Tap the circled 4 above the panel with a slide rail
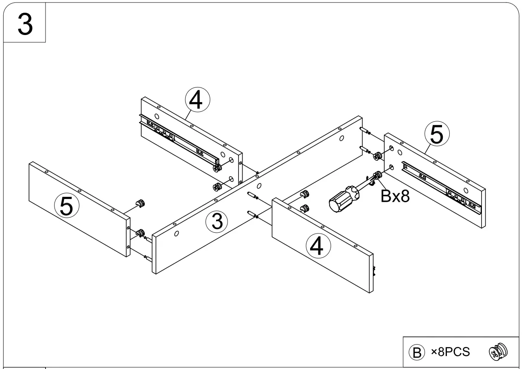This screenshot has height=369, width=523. [x=197, y=100]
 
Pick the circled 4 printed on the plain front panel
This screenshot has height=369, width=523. [x=319, y=246]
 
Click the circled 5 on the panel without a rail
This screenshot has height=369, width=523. [x=66, y=205]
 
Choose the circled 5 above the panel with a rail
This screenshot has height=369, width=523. [x=436, y=135]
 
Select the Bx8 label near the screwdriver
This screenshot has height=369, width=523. [x=395, y=197]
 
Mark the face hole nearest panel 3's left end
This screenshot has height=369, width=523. [x=177, y=234]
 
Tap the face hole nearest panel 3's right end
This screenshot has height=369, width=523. [x=341, y=138]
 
